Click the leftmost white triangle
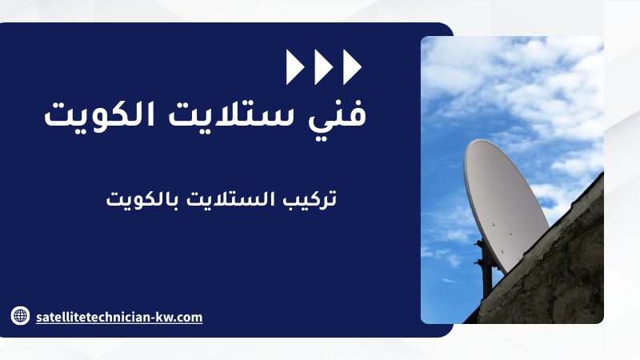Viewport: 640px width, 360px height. [x=294, y=67]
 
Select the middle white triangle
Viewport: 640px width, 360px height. [x=323, y=67]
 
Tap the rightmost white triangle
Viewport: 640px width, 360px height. [x=351, y=67]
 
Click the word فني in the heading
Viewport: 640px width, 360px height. [x=337, y=115]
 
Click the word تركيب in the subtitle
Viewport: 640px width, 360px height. [x=310, y=199]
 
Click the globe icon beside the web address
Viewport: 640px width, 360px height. [x=20, y=315]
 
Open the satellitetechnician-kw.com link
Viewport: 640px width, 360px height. [x=119, y=317]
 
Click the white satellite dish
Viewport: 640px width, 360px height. [x=506, y=204]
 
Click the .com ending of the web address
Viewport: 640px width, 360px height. [x=186, y=318]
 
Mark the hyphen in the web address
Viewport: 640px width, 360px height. [x=152, y=318]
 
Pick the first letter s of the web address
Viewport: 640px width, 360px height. [x=38, y=318]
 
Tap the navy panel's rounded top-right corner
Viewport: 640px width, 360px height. [x=450, y=27]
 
